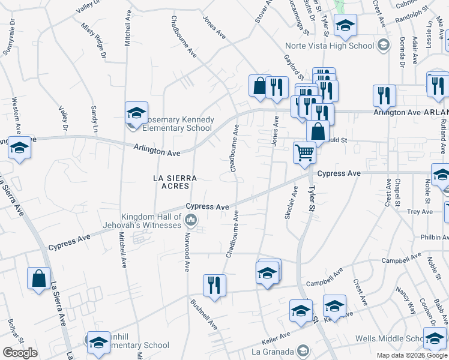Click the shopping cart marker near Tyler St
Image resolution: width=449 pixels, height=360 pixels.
point(305,153)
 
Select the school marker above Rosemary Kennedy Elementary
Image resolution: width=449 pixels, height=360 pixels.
point(136,112)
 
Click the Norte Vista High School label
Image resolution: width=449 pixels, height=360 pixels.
point(339,46)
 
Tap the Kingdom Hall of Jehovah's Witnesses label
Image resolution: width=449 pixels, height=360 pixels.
point(151,221)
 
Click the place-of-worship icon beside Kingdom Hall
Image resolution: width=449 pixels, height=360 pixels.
point(191,221)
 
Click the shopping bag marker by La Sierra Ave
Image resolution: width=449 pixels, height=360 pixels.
point(38,279)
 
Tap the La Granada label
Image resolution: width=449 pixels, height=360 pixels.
point(274,350)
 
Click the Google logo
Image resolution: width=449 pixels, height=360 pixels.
point(20,353)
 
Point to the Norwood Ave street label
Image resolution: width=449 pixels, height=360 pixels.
point(187,253)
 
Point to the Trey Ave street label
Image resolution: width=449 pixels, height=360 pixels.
point(420,212)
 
